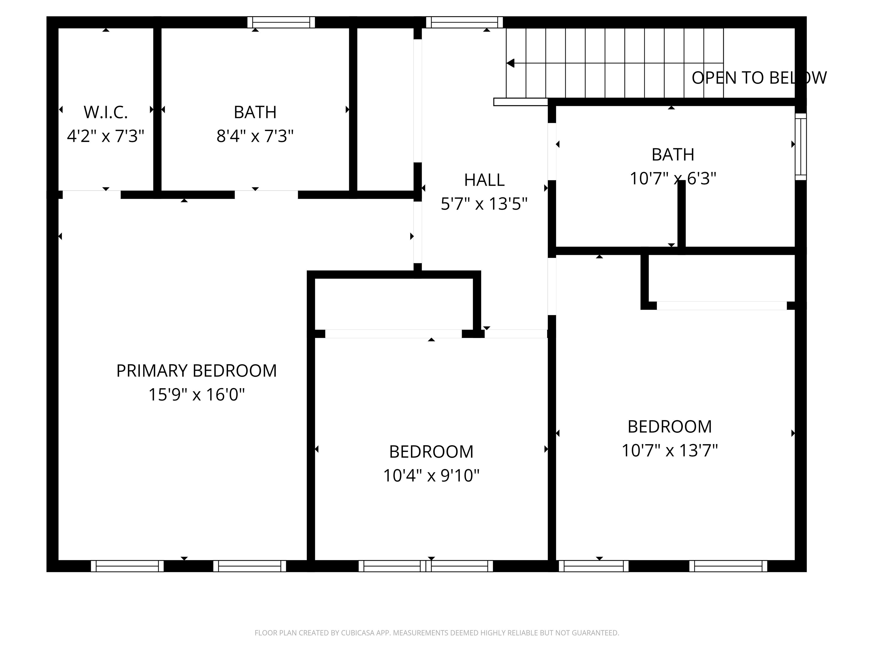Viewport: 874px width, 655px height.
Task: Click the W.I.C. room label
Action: click(x=106, y=113)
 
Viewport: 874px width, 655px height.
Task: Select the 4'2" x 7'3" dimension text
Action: click(x=106, y=136)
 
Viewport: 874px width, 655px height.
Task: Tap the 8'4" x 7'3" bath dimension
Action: click(x=255, y=136)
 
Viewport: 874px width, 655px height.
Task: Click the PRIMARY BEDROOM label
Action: click(x=196, y=371)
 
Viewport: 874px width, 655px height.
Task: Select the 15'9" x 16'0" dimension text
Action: click(x=196, y=394)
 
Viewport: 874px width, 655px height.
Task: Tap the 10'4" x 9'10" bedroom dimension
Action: click(x=431, y=476)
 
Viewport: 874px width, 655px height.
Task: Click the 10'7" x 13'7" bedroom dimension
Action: click(x=669, y=451)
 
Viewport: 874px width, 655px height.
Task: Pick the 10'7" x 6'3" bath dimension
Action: click(x=673, y=179)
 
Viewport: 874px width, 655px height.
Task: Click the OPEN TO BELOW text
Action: click(x=758, y=78)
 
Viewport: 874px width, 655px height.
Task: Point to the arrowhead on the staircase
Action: click(x=510, y=63)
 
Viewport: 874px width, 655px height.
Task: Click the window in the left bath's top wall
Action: click(x=281, y=22)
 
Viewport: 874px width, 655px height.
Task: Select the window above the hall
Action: click(x=464, y=22)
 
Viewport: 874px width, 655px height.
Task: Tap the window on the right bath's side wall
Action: click(x=801, y=146)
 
